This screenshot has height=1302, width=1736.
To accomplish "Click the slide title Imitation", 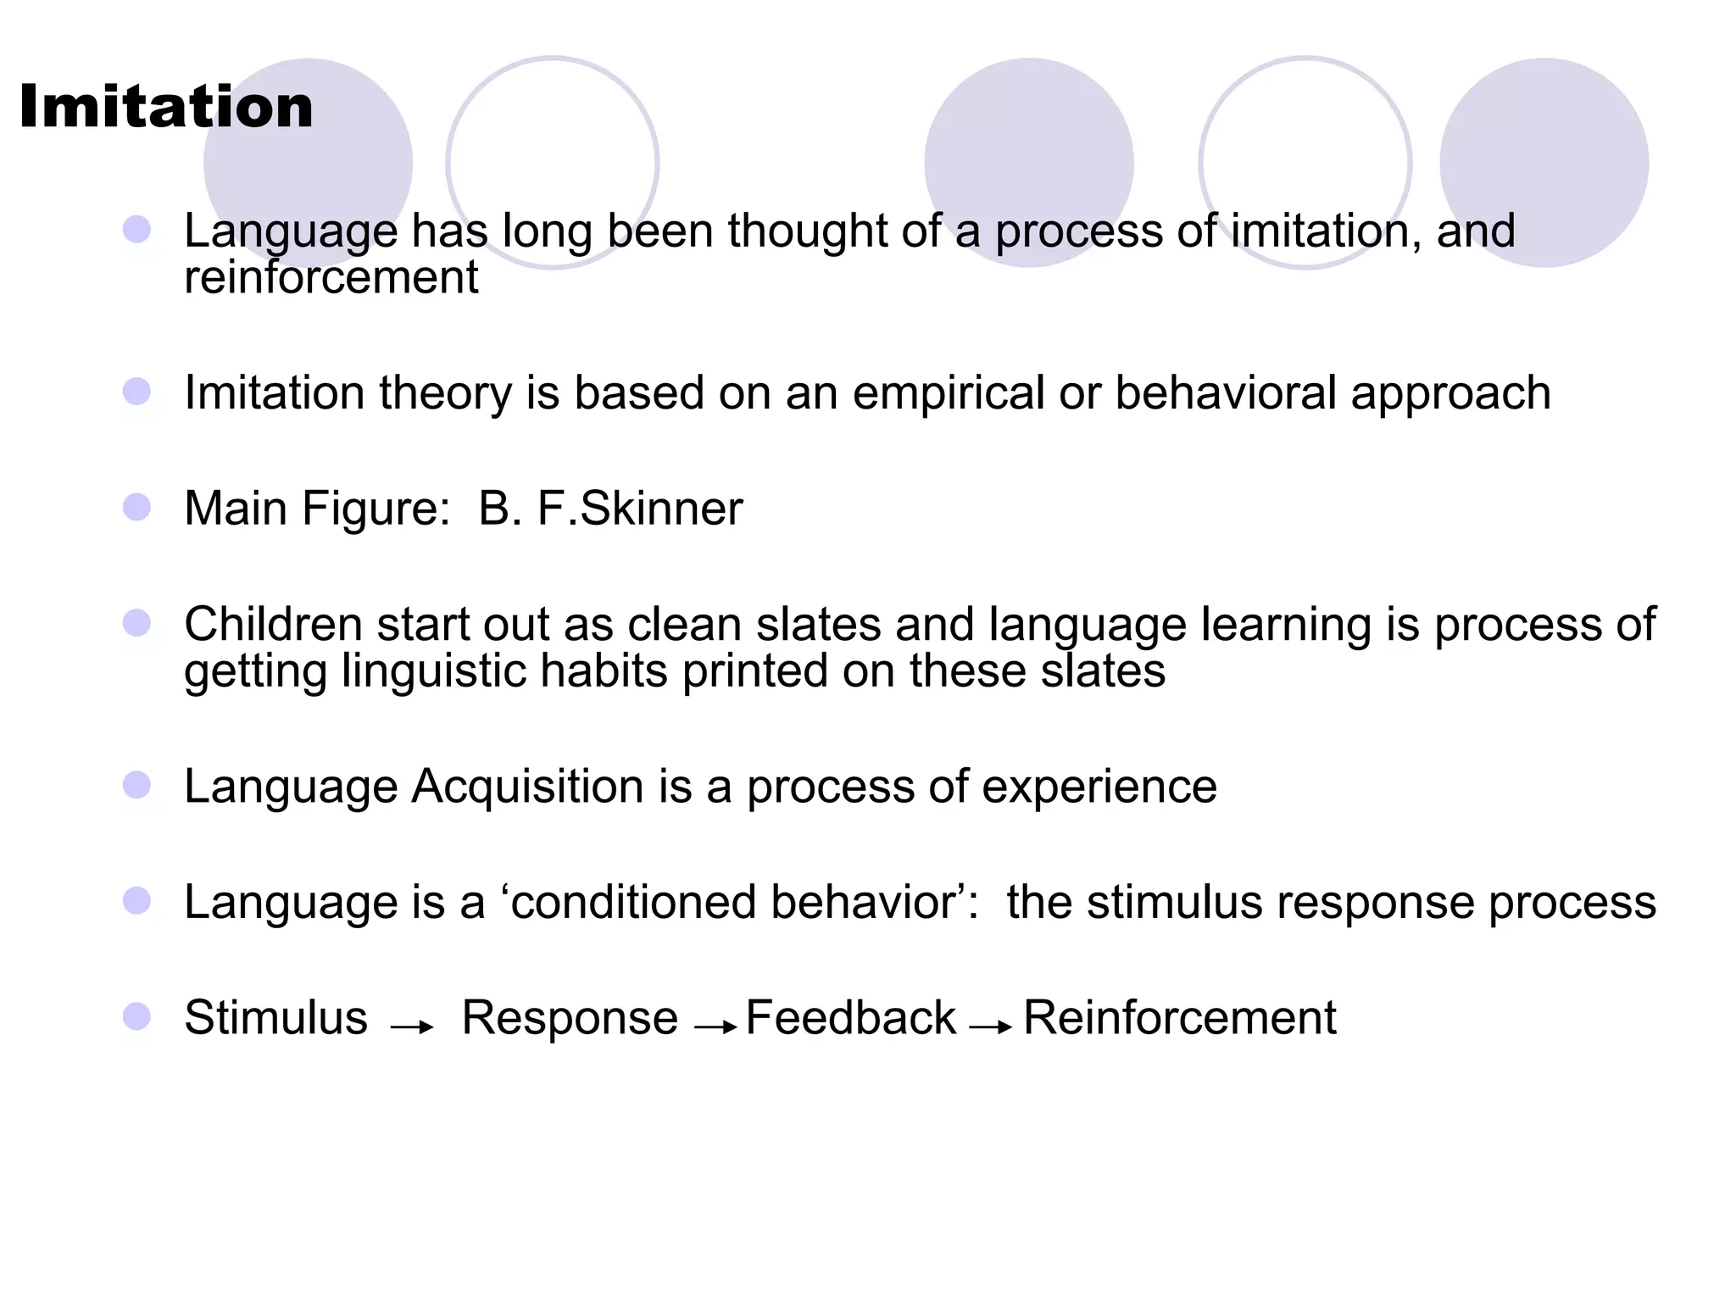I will pyautogui.click(x=166, y=108).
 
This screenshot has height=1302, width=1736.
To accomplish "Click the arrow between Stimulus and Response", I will pyautogui.click(x=413, y=1027).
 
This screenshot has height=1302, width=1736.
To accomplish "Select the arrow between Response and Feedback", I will pyautogui.click(x=715, y=1027).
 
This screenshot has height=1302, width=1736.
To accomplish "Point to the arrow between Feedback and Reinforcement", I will pyautogui.click(x=991, y=1027).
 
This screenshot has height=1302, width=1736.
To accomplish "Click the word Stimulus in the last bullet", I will pyautogui.click(x=276, y=1017).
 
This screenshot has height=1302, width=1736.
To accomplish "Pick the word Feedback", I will pyautogui.click(x=851, y=1017).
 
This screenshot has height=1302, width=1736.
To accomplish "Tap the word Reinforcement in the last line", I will pyautogui.click(x=1180, y=1017).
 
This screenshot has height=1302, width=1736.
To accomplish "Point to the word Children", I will pyautogui.click(x=274, y=625).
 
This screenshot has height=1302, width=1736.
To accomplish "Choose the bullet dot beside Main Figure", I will pyautogui.click(x=136, y=508).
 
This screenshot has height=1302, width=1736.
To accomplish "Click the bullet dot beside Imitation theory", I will pyautogui.click(x=136, y=392).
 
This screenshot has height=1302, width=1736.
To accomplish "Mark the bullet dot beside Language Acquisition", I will pyautogui.click(x=136, y=785).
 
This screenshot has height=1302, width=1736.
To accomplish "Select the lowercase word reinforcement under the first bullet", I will pyautogui.click(x=331, y=277).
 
